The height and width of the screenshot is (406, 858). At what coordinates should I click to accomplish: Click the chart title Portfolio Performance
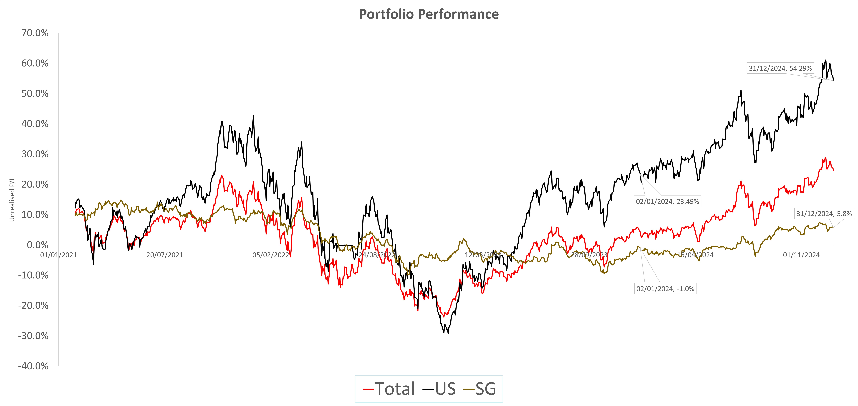point(429,14)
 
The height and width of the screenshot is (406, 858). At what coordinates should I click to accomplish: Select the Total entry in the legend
point(389,389)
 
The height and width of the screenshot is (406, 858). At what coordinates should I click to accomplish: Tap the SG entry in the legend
point(480,389)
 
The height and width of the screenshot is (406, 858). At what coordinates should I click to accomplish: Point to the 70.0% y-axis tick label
point(35,33)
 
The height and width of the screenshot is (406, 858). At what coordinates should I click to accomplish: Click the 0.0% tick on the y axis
point(38,245)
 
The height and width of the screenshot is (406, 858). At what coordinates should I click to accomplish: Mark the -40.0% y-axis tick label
point(33,366)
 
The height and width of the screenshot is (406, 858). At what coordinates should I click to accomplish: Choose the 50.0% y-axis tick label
point(35,94)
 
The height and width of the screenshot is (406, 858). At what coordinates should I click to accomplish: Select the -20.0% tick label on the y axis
point(33,305)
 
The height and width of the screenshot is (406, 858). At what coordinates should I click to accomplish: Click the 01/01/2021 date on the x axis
point(59,255)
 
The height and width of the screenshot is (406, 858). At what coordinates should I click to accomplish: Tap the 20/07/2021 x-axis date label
point(165,255)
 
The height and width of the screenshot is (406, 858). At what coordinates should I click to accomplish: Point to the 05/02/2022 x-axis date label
point(270,255)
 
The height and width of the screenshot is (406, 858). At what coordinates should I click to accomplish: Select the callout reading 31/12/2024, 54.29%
point(780,68)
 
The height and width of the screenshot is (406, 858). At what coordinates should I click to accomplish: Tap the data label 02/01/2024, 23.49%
point(667,201)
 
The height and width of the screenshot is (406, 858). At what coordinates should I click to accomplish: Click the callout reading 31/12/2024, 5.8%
point(824,214)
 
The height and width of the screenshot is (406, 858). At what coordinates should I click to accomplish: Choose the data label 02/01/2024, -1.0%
point(665,289)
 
